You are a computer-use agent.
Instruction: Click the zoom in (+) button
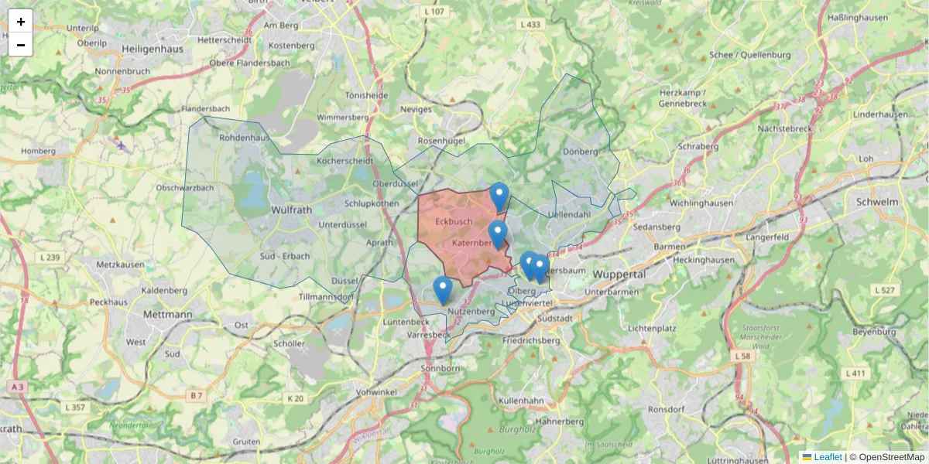coord(21,21)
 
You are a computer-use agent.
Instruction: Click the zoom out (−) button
coord(21,45)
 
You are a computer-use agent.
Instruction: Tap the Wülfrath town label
coord(292,210)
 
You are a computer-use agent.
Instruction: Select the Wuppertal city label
coord(619,275)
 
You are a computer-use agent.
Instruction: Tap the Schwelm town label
coord(877,202)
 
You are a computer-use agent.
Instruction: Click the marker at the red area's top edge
coord(499,196)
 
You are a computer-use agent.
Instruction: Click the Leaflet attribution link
coord(827,457)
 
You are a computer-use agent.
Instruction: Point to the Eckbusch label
coord(454,222)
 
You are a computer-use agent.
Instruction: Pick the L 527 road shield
coord(885,290)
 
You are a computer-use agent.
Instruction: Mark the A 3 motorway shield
coord(17,386)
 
